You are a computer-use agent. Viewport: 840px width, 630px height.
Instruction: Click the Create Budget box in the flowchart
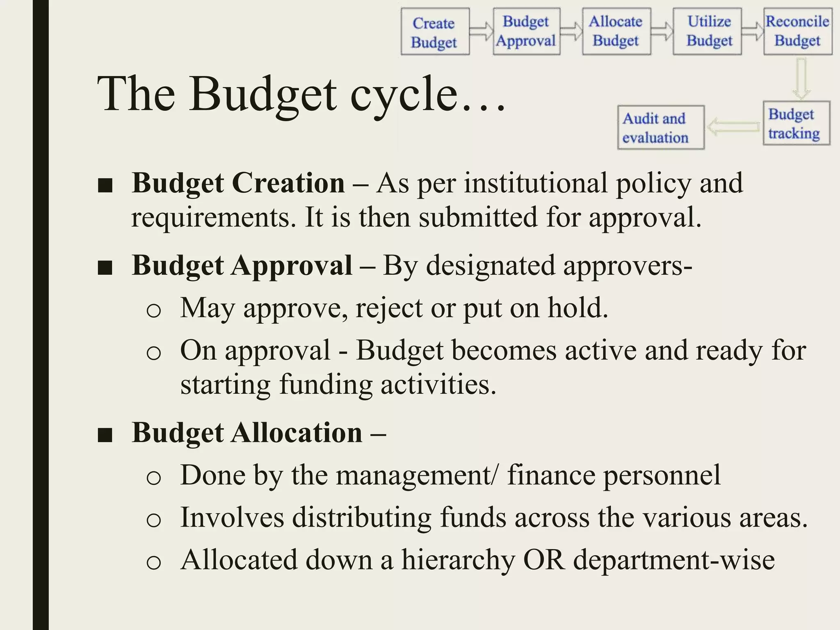point(435,32)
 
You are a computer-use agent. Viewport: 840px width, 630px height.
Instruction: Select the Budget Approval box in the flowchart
point(526,31)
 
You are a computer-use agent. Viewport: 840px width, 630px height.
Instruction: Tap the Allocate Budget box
point(616,31)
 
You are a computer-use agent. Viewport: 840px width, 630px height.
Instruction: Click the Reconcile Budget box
point(798,31)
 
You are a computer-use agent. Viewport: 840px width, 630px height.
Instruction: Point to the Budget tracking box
point(796,123)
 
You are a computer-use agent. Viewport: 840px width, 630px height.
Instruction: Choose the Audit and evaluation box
point(660,128)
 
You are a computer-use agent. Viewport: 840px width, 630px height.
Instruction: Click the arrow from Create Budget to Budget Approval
point(482,31)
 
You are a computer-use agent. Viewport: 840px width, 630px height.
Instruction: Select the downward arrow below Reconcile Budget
point(801,78)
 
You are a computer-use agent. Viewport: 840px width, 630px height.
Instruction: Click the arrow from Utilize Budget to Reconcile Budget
point(753,31)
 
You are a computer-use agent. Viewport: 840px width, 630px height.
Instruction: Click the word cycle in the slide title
point(404,94)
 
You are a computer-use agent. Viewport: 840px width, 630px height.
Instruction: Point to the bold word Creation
point(288,183)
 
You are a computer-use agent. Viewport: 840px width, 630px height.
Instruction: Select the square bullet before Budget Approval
point(105,268)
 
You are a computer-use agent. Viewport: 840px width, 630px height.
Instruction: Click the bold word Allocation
point(297,433)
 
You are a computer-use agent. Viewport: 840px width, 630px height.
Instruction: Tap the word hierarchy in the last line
point(458,560)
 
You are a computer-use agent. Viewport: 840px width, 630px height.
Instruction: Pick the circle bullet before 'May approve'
point(154,310)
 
